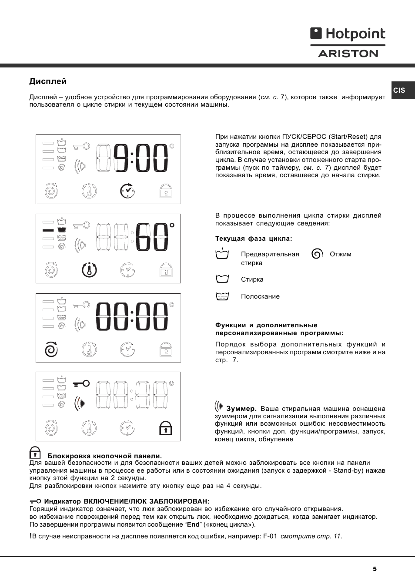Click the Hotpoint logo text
click(355, 34)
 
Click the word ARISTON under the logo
click(348, 54)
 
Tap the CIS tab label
click(399, 91)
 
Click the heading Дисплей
click(48, 81)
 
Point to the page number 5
click(375, 569)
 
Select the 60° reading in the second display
click(154, 237)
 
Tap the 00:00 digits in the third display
click(132, 316)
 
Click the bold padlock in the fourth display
click(165, 428)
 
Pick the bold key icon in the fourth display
click(81, 383)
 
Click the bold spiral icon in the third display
click(51, 349)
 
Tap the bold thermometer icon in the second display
click(89, 270)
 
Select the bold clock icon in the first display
click(127, 191)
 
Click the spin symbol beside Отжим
click(317, 254)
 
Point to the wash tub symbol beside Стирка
click(222, 279)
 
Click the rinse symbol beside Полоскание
click(222, 296)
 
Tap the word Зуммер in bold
click(241, 409)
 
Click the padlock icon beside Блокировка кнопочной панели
click(35, 453)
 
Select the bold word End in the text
click(193, 524)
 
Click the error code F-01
click(270, 536)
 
